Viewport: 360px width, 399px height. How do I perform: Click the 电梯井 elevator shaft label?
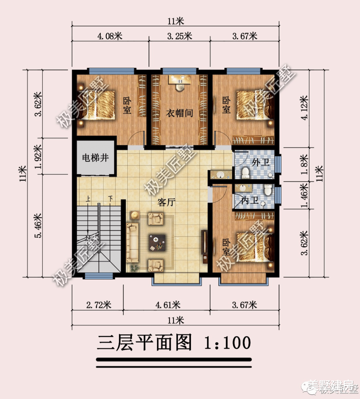[x=95, y=158]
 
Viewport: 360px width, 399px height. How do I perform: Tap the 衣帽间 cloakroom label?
[x=180, y=113]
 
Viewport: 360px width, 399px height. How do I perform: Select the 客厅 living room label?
[x=166, y=202]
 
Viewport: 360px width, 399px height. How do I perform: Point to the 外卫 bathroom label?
[x=261, y=162]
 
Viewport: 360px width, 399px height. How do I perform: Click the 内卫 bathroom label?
[x=250, y=201]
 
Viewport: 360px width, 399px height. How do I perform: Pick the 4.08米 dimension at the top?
[x=110, y=36]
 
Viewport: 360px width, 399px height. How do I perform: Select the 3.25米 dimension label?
[x=179, y=36]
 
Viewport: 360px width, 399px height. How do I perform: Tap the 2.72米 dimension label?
[x=99, y=305]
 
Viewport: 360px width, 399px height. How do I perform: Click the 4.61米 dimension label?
[x=168, y=305]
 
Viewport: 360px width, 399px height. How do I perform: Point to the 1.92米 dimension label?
[x=38, y=156]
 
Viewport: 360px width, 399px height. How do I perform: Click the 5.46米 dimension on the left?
[x=38, y=226]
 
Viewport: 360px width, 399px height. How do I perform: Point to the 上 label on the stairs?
[x=88, y=199]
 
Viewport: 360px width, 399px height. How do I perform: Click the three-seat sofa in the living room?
[x=132, y=243]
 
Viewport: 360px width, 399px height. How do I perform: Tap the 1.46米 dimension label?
[x=304, y=195]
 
